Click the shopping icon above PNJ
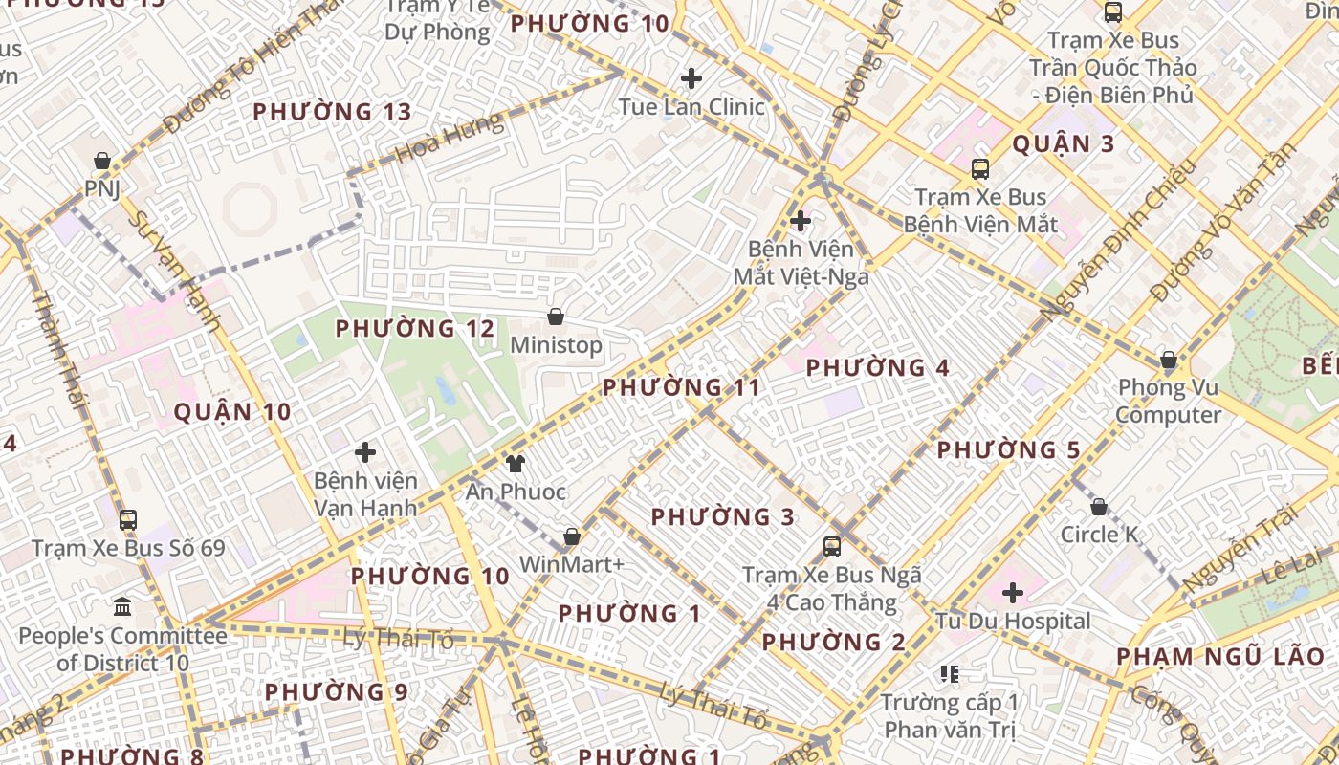[x=101, y=161]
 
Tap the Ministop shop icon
[x=556, y=317]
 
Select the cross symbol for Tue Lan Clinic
[x=691, y=78]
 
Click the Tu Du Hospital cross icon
[x=1013, y=593]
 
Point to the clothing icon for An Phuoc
[x=516, y=464]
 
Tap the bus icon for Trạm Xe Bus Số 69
[x=127, y=520]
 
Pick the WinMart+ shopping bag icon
[x=572, y=536]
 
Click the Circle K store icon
[x=1099, y=506]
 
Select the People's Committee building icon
[x=122, y=607]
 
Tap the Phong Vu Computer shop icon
[x=1168, y=360]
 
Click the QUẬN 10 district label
[x=232, y=412]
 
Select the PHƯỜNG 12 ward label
[x=415, y=329]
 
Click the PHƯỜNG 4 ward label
[x=878, y=368]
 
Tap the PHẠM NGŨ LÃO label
[x=1220, y=657]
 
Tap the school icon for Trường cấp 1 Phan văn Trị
[x=949, y=674]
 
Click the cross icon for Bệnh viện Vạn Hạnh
[x=364, y=452]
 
